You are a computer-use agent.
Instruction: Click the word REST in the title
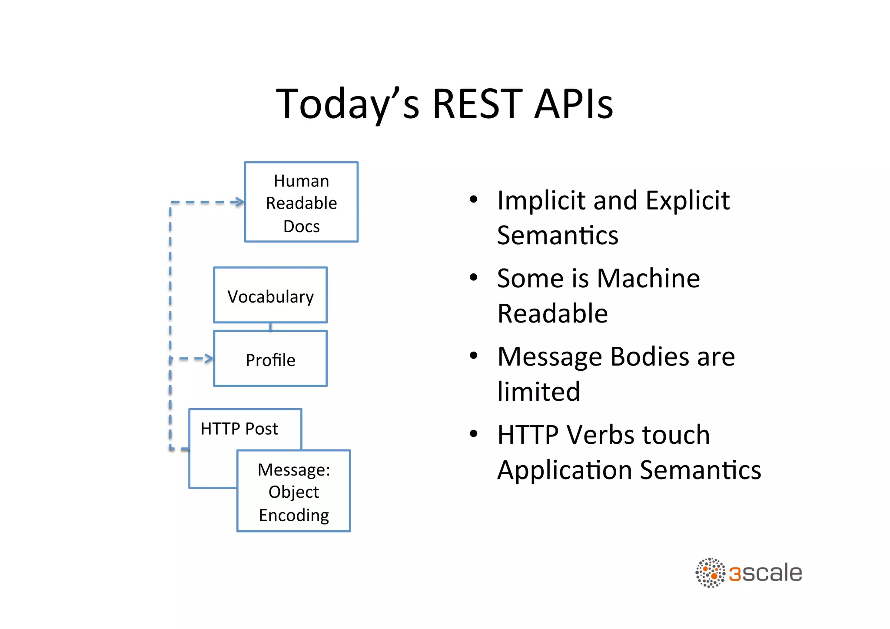tap(477, 104)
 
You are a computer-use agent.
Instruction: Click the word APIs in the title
tap(574, 104)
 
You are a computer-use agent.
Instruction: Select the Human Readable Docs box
tap(301, 202)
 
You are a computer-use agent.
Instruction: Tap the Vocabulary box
tap(270, 296)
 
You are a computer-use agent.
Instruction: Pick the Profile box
tap(270, 359)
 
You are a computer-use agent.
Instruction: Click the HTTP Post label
tap(239, 429)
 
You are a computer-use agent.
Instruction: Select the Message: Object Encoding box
tap(294, 491)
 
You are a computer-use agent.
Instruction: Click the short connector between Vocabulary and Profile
tap(270, 327)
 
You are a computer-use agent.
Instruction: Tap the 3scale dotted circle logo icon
tap(710, 573)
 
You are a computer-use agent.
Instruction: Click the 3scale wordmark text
tap(765, 573)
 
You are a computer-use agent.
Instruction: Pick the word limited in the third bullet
tap(538, 392)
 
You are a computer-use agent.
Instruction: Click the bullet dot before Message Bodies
tap(474, 356)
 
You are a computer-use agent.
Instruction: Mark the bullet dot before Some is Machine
tap(474, 277)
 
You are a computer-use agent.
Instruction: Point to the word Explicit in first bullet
tap(687, 201)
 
